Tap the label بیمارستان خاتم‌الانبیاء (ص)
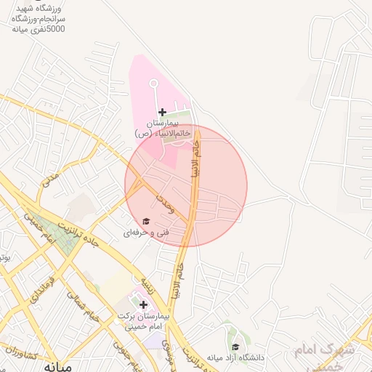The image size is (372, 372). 163,129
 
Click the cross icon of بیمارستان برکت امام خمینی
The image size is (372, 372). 143,304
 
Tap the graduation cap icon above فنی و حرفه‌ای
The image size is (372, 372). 146,221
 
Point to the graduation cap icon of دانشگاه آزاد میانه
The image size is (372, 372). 235,347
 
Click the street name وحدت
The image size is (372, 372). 165,203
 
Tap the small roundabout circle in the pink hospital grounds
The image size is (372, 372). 154,84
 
